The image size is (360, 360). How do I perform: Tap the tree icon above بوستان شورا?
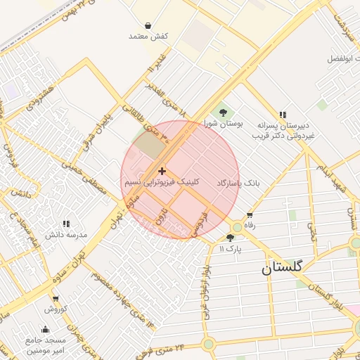(x=223, y=111)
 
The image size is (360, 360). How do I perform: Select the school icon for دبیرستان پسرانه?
(x=283, y=115)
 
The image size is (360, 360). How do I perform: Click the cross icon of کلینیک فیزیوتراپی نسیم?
(x=162, y=171)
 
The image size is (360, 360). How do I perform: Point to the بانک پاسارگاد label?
(x=238, y=182)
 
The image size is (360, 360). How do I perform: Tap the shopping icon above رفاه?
(x=249, y=214)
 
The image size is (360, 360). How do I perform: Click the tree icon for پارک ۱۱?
(x=230, y=238)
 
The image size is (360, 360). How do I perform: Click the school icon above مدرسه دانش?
(x=66, y=224)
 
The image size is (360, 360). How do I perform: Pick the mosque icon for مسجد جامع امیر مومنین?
(x=46, y=329)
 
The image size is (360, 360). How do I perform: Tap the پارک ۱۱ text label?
(x=230, y=249)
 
